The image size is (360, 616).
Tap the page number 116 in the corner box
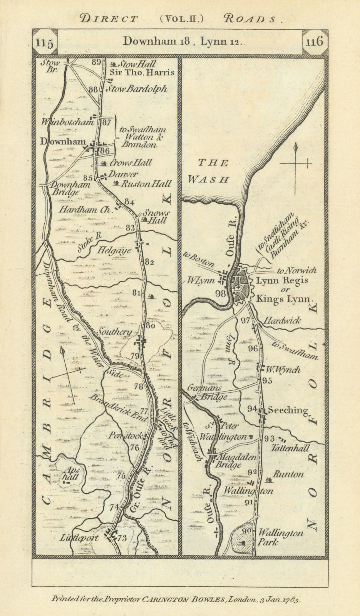(x=314, y=41)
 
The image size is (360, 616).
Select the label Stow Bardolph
(x=136, y=89)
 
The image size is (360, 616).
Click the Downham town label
(x=63, y=142)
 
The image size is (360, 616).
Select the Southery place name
(x=114, y=331)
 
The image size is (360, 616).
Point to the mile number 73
(x=122, y=538)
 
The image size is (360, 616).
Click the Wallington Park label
(x=280, y=537)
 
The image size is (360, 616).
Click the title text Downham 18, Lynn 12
(x=182, y=42)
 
